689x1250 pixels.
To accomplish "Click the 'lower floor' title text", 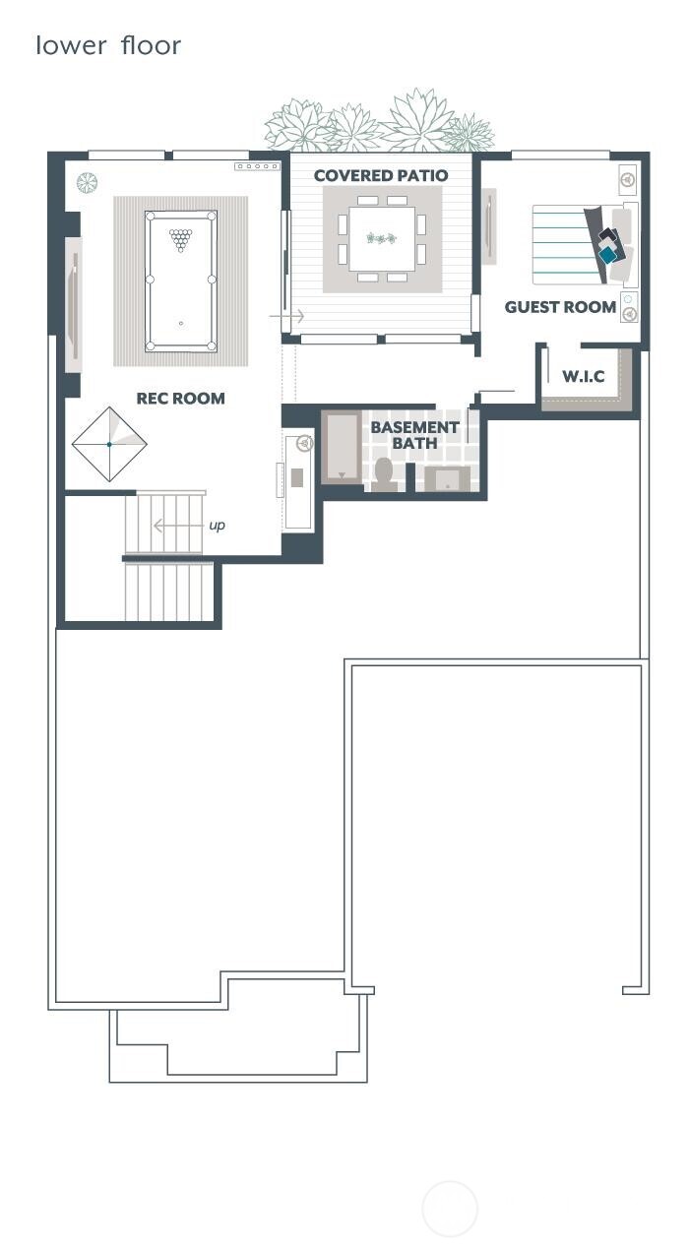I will [108, 45].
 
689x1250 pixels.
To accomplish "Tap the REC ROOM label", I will [180, 399].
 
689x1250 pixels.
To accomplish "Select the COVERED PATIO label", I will [381, 176].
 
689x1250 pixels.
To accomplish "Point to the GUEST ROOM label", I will [560, 307].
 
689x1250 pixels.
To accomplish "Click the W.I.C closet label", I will [583, 377].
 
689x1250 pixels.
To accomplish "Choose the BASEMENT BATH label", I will [414, 435].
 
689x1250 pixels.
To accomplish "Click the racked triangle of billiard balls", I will [180, 238].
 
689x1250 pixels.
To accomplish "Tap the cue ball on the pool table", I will [181, 323].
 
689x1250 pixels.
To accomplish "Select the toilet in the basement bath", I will [384, 473].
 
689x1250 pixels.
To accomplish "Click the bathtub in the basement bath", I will [343, 448].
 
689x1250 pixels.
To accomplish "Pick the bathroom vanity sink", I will [448, 478].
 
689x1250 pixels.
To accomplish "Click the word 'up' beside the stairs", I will [217, 526].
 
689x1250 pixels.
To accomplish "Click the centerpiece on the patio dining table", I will [380, 238].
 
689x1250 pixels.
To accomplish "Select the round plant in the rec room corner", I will [88, 182].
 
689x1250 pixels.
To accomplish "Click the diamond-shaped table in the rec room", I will [109, 444].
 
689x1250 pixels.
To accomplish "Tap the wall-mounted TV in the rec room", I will [73, 305].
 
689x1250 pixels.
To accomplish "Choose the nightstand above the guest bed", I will [627, 179].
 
